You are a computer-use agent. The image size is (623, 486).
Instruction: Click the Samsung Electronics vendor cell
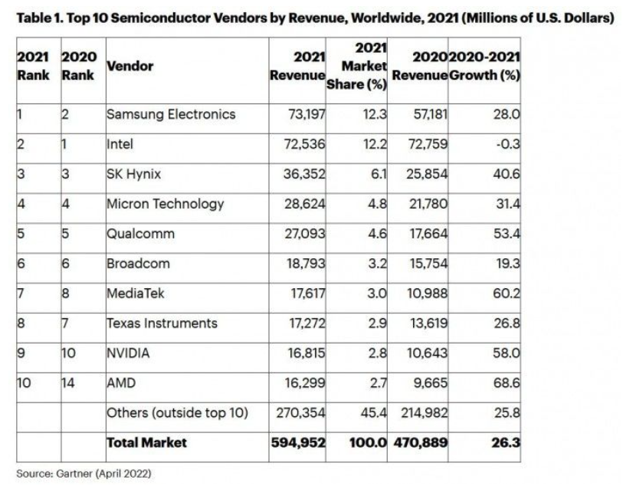pos(170,114)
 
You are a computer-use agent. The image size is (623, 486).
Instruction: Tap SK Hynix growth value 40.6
pos(506,174)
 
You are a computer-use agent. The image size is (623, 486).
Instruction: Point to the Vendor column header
pos(130,66)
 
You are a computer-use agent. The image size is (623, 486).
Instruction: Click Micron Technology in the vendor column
pos(165,204)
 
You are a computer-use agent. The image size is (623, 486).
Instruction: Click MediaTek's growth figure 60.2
pos(506,294)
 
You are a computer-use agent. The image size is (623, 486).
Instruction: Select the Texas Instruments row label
pos(162,323)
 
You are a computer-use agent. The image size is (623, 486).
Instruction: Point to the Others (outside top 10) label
pos(177,413)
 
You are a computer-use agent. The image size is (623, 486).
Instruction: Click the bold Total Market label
pos(146,442)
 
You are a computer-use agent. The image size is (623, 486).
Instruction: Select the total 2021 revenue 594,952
pos(298,442)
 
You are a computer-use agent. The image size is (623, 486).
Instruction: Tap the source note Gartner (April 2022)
pos(84,474)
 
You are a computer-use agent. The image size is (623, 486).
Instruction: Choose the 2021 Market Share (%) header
pos(357,66)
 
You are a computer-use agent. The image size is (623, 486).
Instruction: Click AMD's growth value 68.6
pos(506,383)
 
